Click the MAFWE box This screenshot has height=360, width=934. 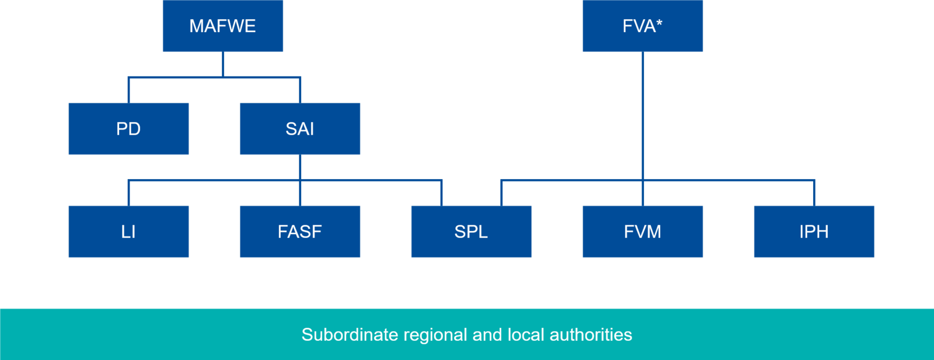(x=222, y=26)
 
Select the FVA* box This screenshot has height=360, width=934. (x=642, y=26)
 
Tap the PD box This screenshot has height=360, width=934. (x=128, y=129)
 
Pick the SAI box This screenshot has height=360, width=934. (x=299, y=129)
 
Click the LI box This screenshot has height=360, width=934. (x=128, y=232)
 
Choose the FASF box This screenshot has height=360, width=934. (x=299, y=232)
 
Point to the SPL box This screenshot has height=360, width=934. (x=471, y=232)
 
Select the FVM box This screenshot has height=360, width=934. (x=642, y=232)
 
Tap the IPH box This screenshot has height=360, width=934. (x=814, y=232)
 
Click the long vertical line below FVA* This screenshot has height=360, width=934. (x=643, y=117)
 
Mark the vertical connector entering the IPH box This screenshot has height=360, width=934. (x=814, y=193)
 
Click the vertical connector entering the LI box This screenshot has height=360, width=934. (x=128, y=193)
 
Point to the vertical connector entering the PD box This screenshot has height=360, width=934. (x=128, y=90)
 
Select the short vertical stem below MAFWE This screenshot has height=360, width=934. (x=223, y=64)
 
